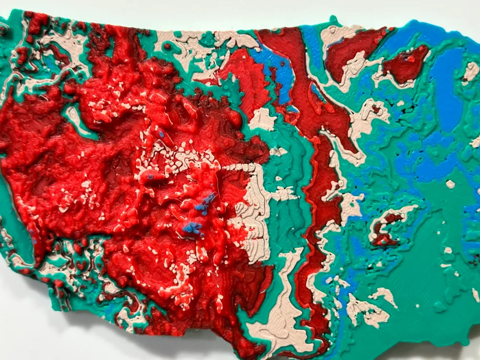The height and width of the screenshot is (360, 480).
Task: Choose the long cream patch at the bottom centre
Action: click(283, 298)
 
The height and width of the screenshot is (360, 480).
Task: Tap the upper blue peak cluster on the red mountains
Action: click(206, 202)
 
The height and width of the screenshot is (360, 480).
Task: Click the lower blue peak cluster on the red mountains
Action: click(192, 228)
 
